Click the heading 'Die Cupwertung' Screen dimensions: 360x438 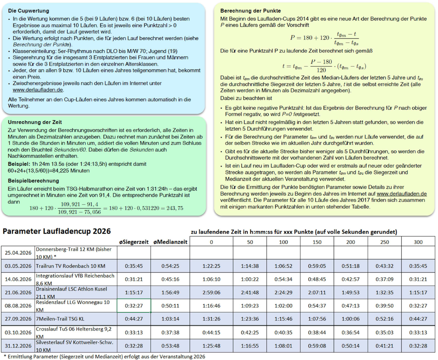(28, 11)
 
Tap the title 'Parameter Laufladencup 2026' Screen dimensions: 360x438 (57, 231)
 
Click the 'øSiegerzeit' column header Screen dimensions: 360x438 (133, 242)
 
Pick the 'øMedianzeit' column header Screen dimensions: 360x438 (170, 242)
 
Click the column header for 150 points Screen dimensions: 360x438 (317, 242)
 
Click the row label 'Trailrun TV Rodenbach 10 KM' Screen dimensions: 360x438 (70, 266)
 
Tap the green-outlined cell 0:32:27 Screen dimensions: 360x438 (133, 305)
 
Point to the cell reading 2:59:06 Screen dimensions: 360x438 (211, 292)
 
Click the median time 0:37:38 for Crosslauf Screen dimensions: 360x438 (170, 332)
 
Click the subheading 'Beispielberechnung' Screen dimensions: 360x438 (33, 181)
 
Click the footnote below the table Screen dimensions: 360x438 (104, 356)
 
